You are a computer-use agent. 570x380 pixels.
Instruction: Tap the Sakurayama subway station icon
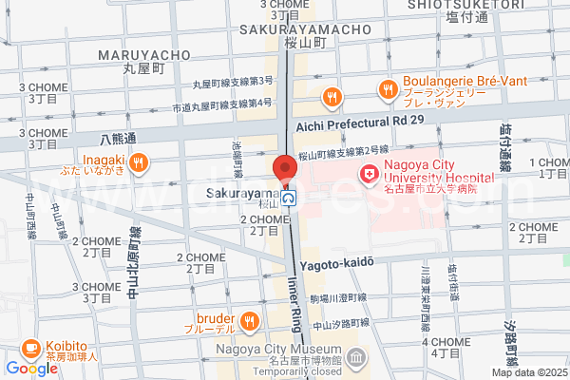coord(287,199)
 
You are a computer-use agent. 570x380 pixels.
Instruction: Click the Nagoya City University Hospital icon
coord(368,175)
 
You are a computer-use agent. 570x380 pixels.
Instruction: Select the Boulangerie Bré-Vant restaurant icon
coord(387,90)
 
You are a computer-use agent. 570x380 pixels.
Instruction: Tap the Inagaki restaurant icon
coord(138,161)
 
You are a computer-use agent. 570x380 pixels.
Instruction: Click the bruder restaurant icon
coord(250,320)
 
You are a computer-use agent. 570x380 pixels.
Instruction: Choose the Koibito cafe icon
coord(29,349)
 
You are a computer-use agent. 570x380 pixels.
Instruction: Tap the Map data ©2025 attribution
coord(528,372)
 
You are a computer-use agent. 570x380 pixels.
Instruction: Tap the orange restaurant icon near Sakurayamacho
coord(331,95)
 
